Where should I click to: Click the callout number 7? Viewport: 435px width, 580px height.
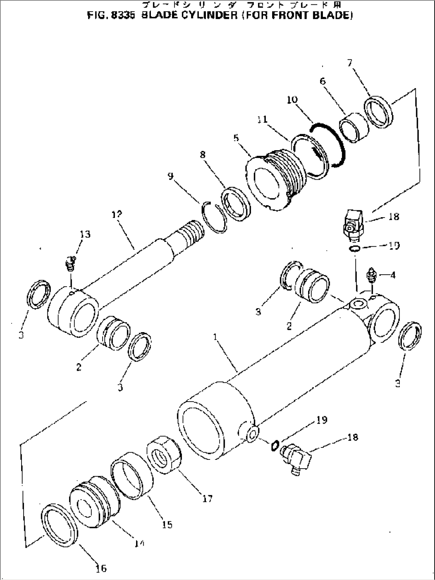tap(350, 63)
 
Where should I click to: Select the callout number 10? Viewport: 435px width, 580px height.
tap(292, 99)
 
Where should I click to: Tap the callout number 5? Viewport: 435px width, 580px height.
tap(236, 138)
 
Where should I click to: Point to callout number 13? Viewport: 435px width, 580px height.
tap(85, 234)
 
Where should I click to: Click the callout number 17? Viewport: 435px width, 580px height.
tap(208, 498)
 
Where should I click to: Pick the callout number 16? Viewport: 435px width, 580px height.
tap(101, 568)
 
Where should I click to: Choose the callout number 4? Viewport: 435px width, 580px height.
tap(393, 275)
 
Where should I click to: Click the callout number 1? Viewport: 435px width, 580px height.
tap(216, 337)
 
